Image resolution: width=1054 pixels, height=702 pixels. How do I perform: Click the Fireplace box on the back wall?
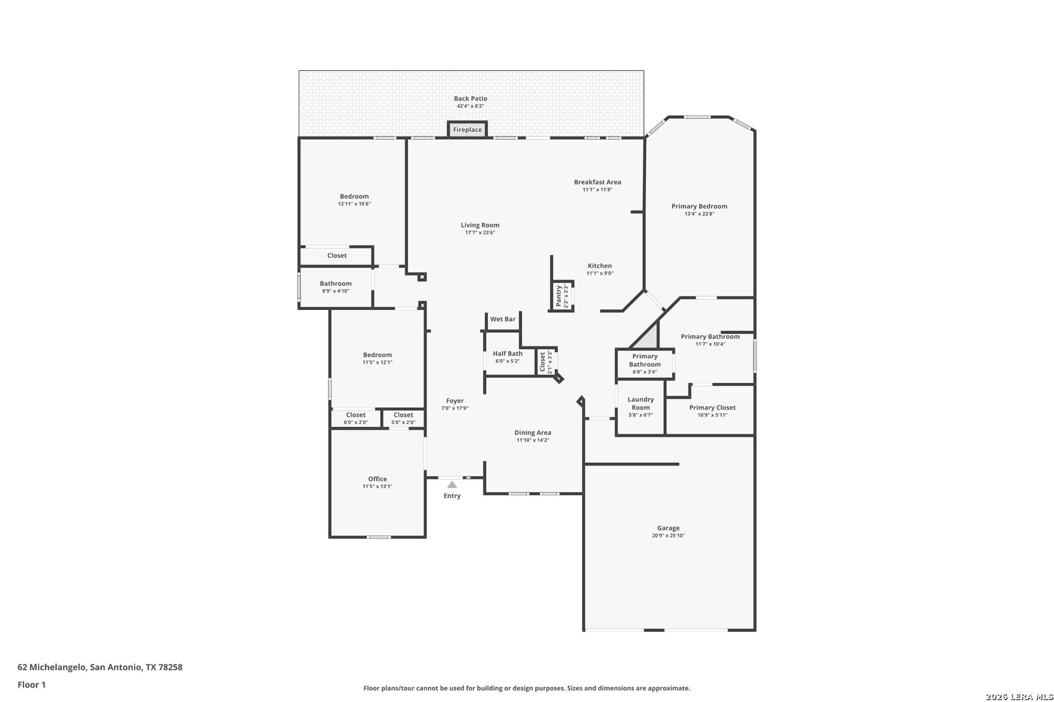tap(467, 129)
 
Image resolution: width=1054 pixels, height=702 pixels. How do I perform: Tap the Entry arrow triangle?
tap(452, 484)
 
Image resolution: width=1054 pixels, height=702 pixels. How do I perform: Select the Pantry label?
tap(559, 296)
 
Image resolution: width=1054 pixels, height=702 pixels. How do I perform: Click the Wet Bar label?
tap(502, 318)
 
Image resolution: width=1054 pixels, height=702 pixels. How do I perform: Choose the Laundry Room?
tap(640, 407)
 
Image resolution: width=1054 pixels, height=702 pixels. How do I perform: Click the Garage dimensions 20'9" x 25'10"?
tap(668, 535)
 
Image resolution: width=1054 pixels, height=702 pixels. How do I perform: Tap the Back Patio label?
tap(470, 98)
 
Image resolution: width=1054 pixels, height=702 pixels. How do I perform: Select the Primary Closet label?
tap(712, 408)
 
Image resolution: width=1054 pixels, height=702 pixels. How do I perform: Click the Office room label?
tap(377, 478)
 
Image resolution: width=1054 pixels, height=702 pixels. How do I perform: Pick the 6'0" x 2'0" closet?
tap(356, 419)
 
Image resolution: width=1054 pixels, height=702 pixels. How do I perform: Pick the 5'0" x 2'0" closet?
tap(403, 419)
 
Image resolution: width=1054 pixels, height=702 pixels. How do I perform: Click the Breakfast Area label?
tap(597, 182)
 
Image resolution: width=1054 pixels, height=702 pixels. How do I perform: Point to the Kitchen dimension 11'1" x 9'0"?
tap(600, 273)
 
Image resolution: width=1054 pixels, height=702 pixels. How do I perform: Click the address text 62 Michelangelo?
tap(52, 667)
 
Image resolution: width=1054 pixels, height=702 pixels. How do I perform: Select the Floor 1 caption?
tap(31, 684)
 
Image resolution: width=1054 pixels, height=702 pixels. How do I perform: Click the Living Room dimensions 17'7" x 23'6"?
tap(480, 232)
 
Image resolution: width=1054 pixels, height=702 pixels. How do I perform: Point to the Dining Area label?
tap(533, 433)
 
